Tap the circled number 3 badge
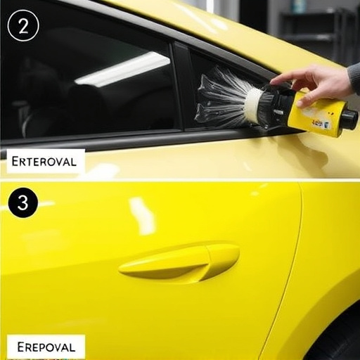tap(23, 203)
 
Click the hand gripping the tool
tap(320, 83)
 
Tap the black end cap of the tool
tap(350, 119)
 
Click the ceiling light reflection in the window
tap(123, 69)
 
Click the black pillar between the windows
tap(184, 84)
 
